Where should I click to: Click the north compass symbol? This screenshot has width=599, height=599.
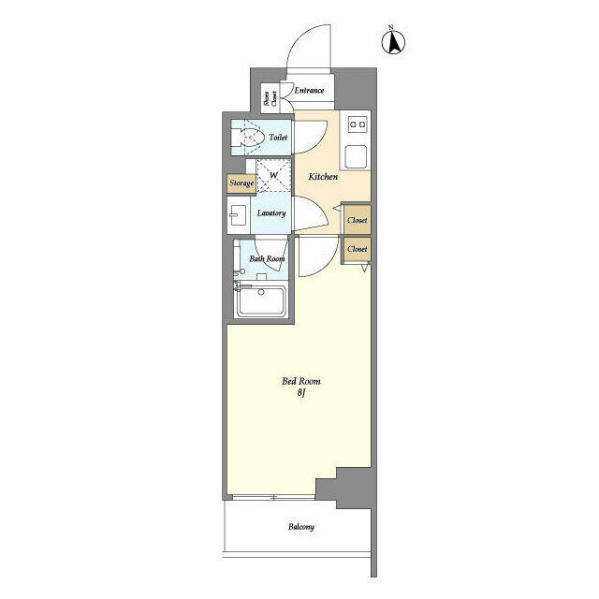pos(395,41)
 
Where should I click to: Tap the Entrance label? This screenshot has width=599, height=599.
pos(309,91)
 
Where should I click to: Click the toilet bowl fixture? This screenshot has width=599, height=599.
pos(248,139)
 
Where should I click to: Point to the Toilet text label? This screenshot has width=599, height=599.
pos(278,139)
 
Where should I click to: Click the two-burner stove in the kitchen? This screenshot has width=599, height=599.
pos(357,124)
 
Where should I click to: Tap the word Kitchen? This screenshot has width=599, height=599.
pos(323,176)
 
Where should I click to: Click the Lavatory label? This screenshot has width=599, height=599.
pos(271,212)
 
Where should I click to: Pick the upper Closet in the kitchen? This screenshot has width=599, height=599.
pos(357,221)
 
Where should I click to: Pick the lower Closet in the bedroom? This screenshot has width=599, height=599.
pos(357,249)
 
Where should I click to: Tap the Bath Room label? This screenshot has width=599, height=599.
pos(267,258)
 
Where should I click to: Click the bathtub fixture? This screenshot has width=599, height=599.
pos(261,301)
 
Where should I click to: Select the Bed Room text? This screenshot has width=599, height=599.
pos(301,381)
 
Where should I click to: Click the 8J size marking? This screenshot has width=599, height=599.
pos(301,394)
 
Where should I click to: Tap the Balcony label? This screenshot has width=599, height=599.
pos(299,527)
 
